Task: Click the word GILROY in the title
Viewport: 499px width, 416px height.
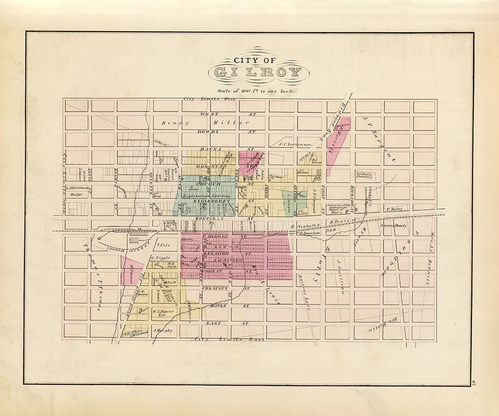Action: point(258,72)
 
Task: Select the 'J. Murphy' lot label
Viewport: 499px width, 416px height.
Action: point(162,331)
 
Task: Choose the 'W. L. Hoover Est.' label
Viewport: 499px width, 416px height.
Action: point(163,313)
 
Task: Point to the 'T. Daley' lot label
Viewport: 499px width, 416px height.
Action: point(394,209)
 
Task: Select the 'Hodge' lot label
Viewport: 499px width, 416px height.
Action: point(75,195)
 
